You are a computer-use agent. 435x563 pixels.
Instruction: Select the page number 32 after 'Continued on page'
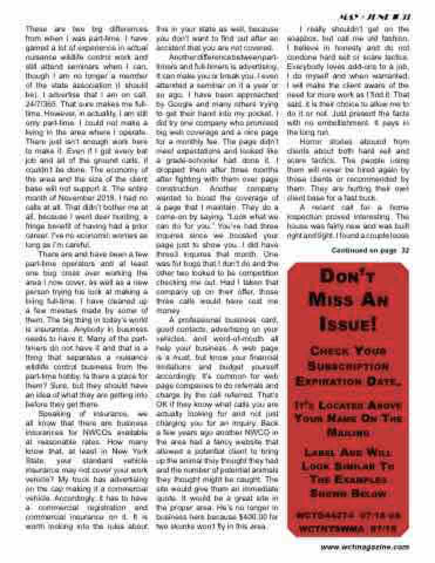tap(405, 250)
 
